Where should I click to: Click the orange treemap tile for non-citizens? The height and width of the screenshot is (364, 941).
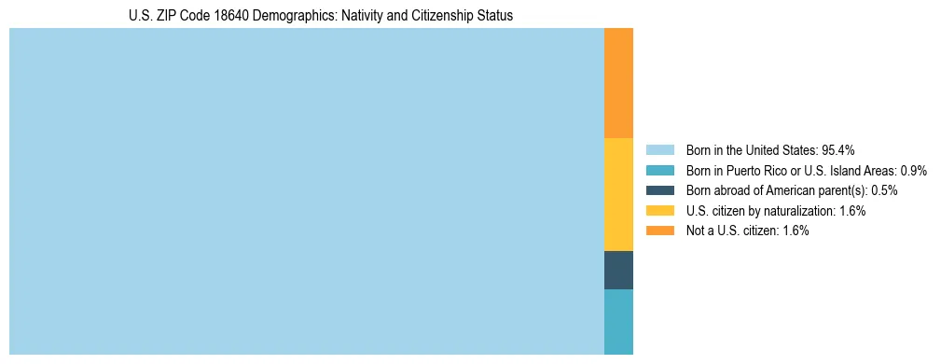pos(618,83)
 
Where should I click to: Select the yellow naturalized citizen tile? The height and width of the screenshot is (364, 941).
pos(618,194)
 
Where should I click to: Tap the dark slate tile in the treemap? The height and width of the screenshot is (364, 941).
pos(618,270)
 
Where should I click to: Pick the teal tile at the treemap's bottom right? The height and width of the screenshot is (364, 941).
pos(618,321)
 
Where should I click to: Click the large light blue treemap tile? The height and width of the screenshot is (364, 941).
pos(306,191)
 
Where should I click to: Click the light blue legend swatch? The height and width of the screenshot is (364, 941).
pos(659,150)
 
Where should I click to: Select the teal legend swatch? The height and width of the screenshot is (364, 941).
pos(659,171)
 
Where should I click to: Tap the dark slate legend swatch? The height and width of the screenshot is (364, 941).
pos(659,190)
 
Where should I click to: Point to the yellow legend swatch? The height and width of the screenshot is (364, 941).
pos(659,211)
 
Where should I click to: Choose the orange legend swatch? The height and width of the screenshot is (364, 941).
pos(659,231)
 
